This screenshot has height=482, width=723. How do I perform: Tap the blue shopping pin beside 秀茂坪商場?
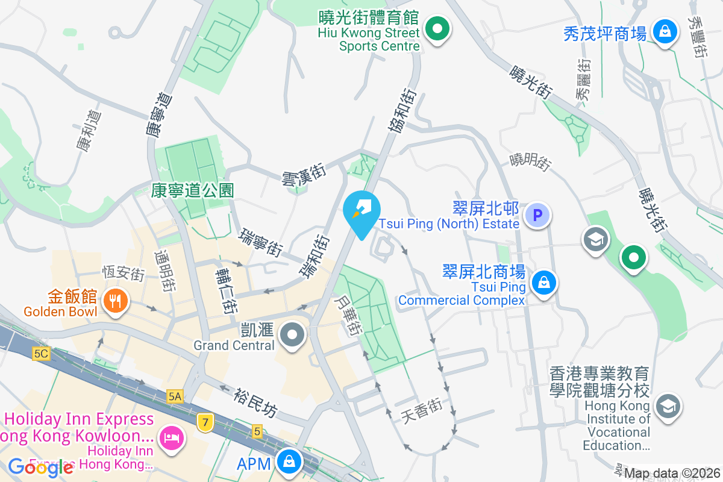tap(665, 32)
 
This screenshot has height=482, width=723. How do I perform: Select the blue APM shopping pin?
tap(290, 462)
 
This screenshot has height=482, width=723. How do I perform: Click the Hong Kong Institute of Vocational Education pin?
tap(667, 407)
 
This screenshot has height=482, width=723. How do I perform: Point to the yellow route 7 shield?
tap(205, 422)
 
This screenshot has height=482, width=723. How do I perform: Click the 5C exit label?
tap(41, 354)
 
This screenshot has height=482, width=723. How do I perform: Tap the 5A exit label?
tap(175, 396)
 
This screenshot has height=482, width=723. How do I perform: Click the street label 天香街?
tap(422, 410)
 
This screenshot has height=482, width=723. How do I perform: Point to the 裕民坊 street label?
tap(257, 402)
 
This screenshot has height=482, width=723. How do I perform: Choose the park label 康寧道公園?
tap(192, 191)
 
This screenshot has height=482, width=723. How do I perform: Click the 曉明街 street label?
tap(530, 161)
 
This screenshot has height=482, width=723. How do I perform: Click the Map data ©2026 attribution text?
tap(672, 473)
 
